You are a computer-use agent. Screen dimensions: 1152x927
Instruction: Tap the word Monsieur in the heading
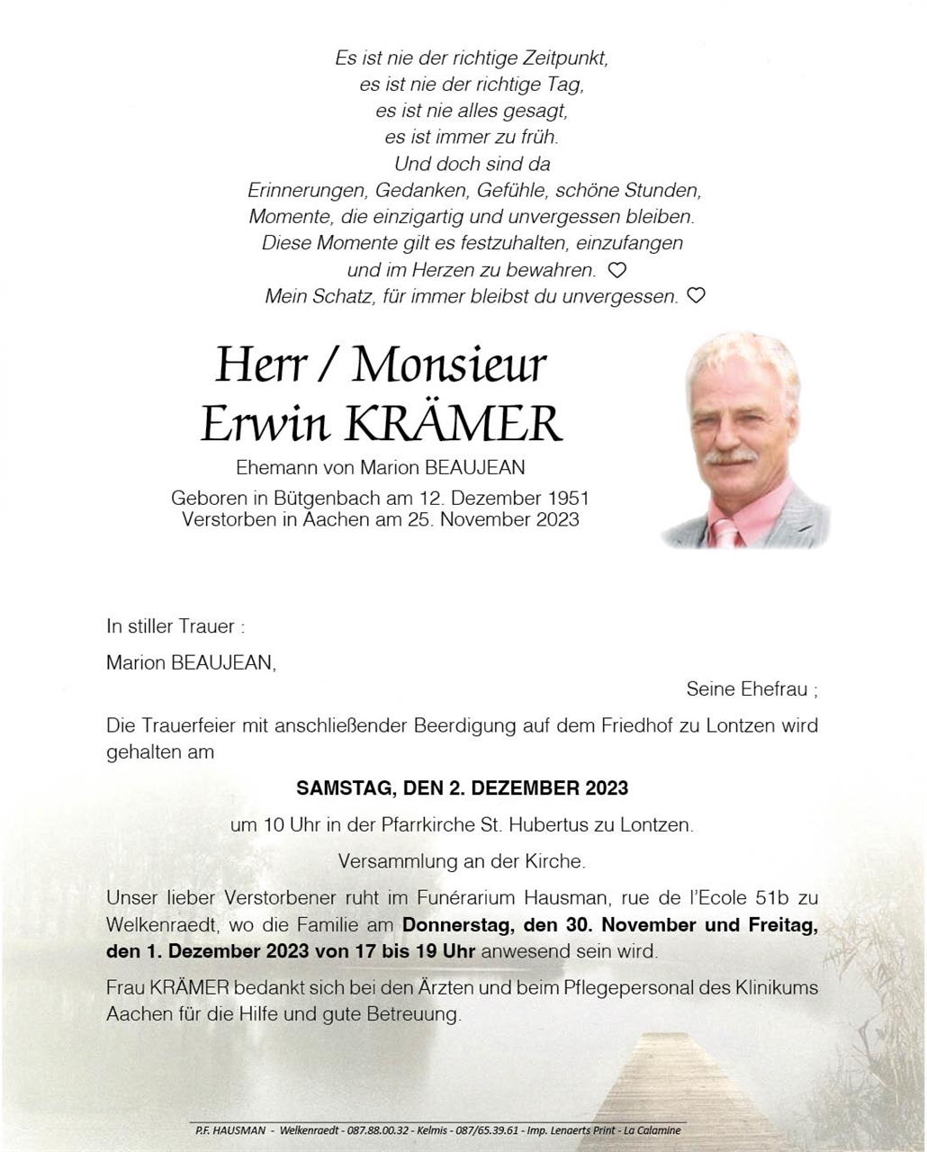click(449, 364)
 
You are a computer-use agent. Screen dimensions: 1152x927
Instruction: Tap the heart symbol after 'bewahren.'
click(617, 269)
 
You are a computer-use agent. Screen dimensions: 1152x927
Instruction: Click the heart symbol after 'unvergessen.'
click(696, 294)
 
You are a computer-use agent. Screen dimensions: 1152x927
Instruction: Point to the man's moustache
click(730, 457)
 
